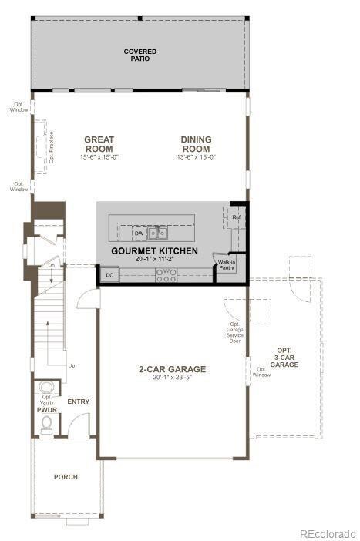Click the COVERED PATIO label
(x=140, y=55)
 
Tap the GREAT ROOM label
(x=99, y=144)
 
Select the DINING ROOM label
(x=196, y=144)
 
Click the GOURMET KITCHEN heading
(x=154, y=251)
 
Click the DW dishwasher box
(x=139, y=233)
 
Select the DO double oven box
(x=109, y=274)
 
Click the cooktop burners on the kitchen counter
(x=165, y=274)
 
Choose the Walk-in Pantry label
(x=227, y=267)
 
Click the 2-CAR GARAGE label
(x=172, y=369)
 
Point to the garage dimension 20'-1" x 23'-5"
(x=172, y=378)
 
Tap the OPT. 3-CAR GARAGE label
(x=284, y=358)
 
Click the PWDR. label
(x=47, y=411)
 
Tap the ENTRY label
(x=78, y=402)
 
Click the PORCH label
(x=66, y=477)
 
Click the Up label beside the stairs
(x=72, y=365)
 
